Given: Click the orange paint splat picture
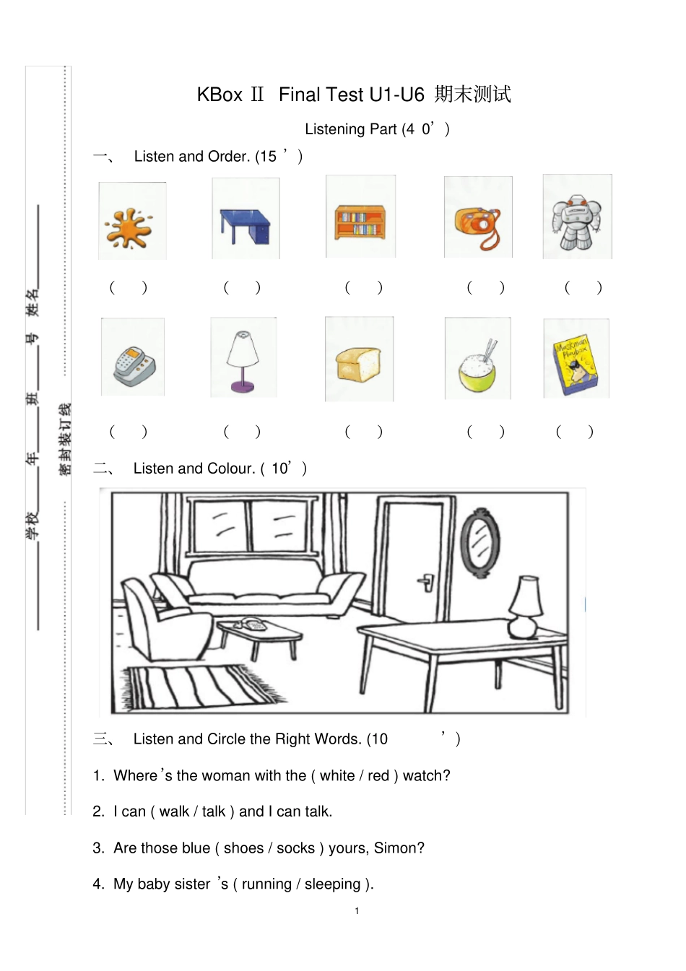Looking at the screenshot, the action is (129, 228).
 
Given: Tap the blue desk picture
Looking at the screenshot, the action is (245, 226).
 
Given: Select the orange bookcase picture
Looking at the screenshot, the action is (360, 223).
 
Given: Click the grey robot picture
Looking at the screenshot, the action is (577, 222).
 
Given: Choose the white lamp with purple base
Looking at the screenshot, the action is (243, 362).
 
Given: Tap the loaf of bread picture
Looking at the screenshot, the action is (359, 364).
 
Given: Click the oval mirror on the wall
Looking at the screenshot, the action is (479, 543).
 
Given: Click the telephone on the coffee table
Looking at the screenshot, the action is (251, 623).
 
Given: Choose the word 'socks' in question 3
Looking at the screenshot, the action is (295, 848).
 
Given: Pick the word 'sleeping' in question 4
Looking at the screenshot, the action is (332, 884).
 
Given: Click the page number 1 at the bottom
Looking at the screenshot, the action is (357, 911).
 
